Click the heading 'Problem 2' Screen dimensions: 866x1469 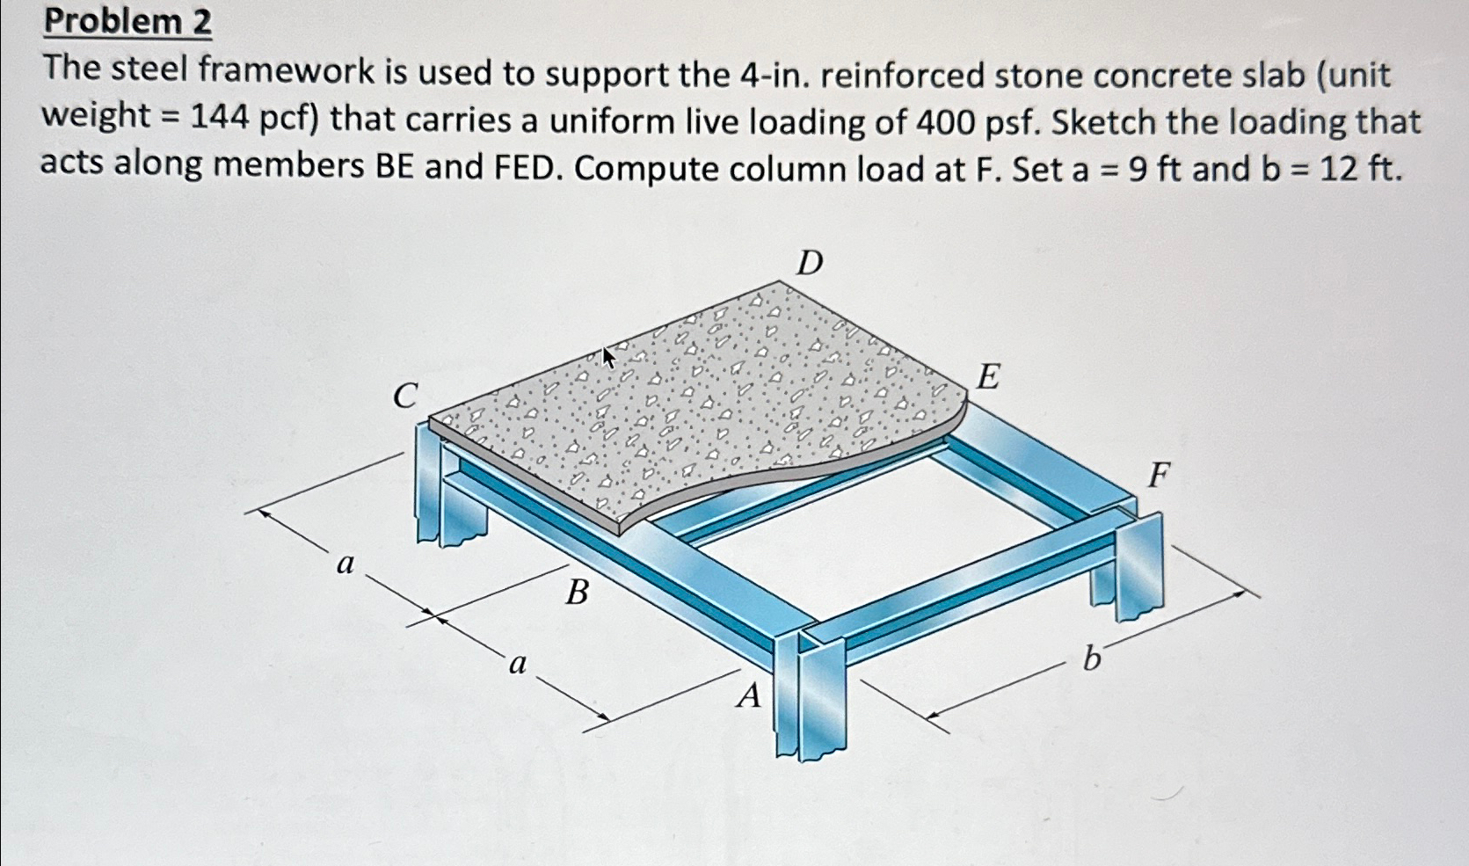click(127, 21)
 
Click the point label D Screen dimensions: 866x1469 click(810, 262)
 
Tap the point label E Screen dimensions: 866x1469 click(988, 376)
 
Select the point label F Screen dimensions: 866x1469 click(1160, 476)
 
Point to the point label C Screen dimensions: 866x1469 click(404, 396)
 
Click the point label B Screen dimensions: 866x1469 click(577, 593)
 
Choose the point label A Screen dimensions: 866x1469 click(748, 696)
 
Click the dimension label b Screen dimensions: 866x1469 click(1091, 658)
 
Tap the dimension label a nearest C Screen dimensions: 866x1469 click(345, 564)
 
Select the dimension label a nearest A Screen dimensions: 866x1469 click(518, 664)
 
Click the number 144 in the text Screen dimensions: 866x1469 click(220, 118)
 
